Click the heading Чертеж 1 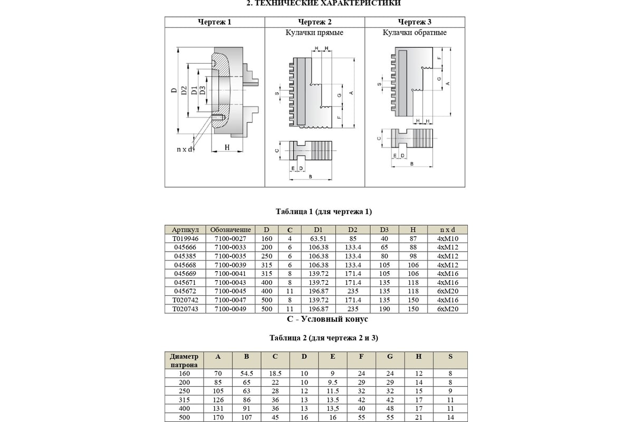(215, 22)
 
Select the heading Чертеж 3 (415, 22)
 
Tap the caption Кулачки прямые (314, 33)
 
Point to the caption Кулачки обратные (415, 33)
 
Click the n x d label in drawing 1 (186, 150)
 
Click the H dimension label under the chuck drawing (227, 147)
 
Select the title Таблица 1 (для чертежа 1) (324, 212)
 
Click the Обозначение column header (230, 230)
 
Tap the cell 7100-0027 (230, 238)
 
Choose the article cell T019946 (185, 238)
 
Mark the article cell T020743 (185, 309)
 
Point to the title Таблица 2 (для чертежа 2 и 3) (324, 338)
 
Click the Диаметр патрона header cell (184, 360)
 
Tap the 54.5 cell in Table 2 (246, 373)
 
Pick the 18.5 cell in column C (275, 373)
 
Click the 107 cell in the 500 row (246, 417)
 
